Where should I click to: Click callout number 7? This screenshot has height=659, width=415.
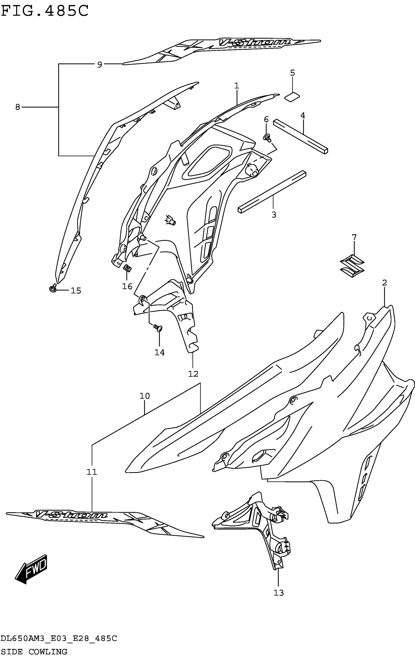click(354, 237)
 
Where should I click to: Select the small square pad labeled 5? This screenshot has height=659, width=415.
click(292, 97)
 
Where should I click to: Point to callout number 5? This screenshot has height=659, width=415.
click(292, 73)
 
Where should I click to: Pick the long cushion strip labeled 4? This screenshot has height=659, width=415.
click(301, 136)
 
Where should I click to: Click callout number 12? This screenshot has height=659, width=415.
click(193, 374)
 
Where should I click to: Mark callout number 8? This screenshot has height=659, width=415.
click(18, 107)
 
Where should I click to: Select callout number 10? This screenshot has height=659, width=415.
click(145, 396)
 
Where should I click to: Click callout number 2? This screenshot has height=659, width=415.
click(384, 283)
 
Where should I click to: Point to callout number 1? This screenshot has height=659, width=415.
click(237, 86)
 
